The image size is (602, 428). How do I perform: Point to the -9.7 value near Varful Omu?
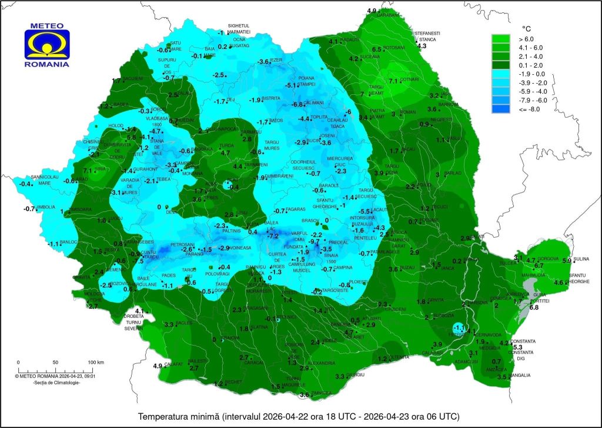pyautogui.click(x=315, y=242)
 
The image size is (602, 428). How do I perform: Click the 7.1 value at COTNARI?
pyautogui.click(x=394, y=81)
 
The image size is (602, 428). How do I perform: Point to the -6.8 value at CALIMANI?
pyautogui.click(x=297, y=104)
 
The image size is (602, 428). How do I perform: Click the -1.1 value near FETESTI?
pyautogui.click(x=460, y=328)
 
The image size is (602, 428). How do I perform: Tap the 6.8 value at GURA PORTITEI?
pyautogui.click(x=534, y=307)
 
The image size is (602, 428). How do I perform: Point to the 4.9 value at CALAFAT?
pyautogui.click(x=157, y=366)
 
